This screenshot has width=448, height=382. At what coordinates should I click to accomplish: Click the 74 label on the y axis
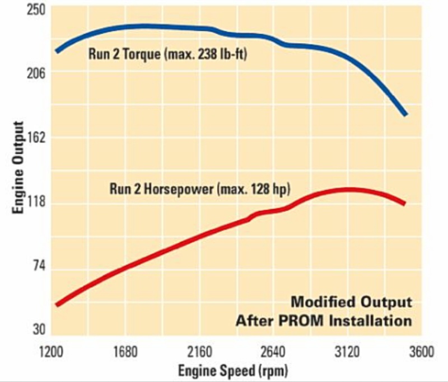(x=39, y=269)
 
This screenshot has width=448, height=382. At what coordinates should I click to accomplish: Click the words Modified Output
(x=351, y=302)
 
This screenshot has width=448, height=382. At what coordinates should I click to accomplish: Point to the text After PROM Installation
(x=324, y=321)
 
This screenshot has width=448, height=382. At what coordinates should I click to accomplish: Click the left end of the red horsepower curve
(x=58, y=304)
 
